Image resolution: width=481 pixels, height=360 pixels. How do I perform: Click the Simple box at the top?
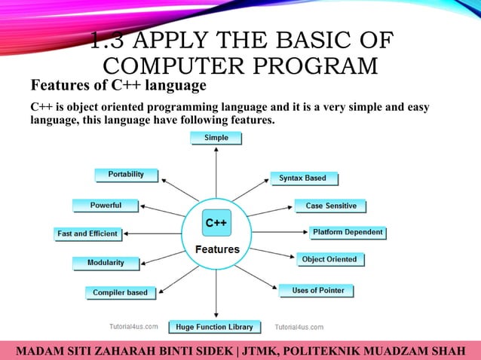coord(216,138)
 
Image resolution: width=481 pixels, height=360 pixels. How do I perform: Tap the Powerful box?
coord(106,205)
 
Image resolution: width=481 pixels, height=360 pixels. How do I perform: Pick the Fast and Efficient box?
coord(87,233)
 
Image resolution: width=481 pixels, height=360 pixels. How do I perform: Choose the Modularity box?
coord(106,263)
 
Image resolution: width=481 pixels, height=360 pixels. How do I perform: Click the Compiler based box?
coord(121,292)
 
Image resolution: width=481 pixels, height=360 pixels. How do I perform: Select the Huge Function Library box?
coord(214,327)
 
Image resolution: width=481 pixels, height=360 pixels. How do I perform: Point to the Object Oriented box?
coord(329,259)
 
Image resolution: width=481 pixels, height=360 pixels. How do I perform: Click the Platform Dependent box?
coord(348,232)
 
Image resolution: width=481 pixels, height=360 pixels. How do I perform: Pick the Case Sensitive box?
coord(330,206)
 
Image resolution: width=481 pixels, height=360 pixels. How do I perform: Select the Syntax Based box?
coord(303,178)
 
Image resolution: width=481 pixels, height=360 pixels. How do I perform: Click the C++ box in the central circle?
coord(217,224)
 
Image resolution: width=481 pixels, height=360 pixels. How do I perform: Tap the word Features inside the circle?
coord(217,249)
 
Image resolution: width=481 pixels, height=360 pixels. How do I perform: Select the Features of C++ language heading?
coord(118,86)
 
